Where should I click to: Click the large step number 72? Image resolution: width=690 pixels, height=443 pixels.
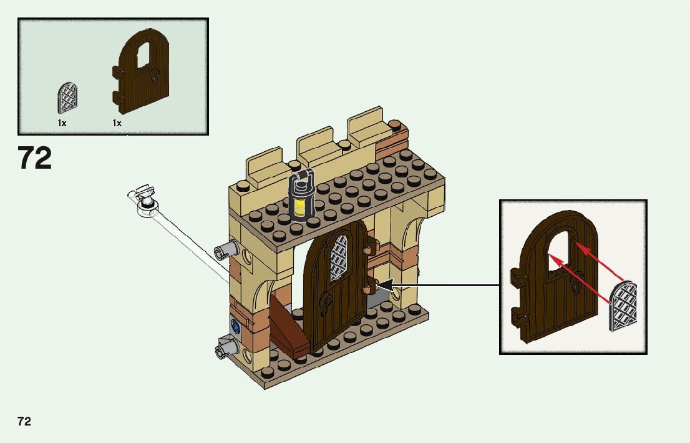[x=35, y=158]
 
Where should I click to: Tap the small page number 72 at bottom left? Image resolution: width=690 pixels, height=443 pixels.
[x=24, y=421]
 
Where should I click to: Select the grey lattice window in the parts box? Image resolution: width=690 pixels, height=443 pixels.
[x=68, y=98]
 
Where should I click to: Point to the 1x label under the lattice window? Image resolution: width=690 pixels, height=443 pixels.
[x=62, y=123]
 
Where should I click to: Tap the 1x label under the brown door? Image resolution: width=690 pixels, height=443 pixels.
[x=117, y=123]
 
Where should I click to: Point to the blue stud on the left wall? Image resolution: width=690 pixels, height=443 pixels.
[x=235, y=326]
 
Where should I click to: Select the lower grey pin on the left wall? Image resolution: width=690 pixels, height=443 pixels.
[x=224, y=348]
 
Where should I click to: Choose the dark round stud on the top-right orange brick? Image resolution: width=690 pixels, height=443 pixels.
[x=395, y=124]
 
